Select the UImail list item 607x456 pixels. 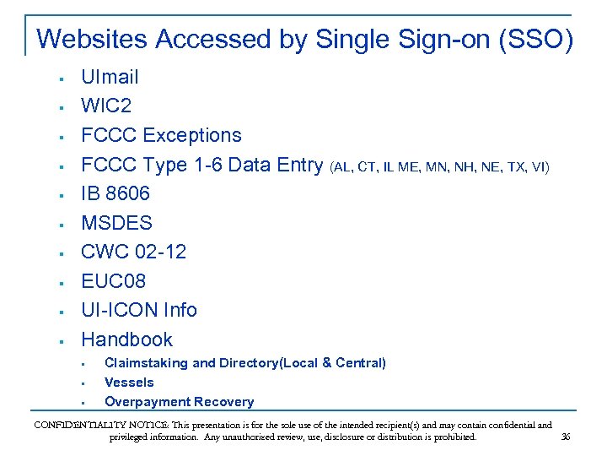pos(110,78)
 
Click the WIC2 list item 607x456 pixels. pos(106,106)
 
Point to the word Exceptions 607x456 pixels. pos(192,135)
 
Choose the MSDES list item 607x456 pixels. pos(116,223)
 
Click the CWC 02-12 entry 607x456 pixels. pos(133,252)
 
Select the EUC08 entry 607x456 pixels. pos(113,281)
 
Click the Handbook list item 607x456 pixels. pos(126,339)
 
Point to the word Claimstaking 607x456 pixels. pos(146,363)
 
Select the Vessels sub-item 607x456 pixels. pos(129,383)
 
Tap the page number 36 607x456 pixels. pos(566,437)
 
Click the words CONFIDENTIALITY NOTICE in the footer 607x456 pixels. pos(93,425)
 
